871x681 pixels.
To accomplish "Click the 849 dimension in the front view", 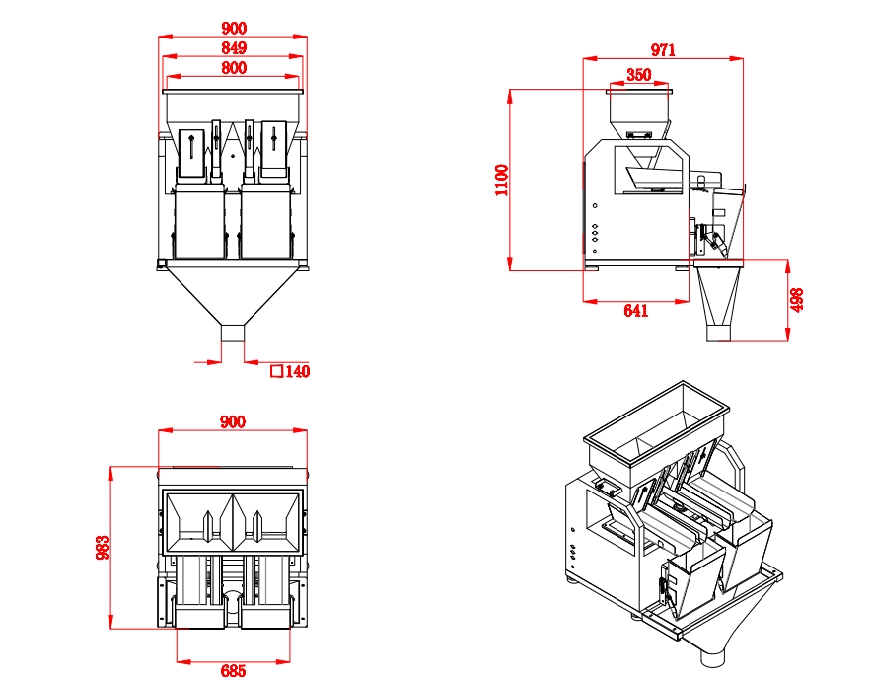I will point(234,48).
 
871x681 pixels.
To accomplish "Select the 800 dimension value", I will point(234,68).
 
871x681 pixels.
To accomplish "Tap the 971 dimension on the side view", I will point(663,51).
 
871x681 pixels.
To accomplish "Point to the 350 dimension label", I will point(638,75).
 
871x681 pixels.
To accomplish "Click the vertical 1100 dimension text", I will point(501,181).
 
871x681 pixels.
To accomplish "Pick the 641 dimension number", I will point(636,311).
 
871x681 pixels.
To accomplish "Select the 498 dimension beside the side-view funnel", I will point(798,300).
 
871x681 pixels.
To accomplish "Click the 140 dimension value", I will point(297,372).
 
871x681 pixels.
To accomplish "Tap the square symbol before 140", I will point(276,372).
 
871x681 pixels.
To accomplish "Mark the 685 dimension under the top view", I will point(233,671).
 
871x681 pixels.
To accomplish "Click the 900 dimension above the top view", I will point(233,421).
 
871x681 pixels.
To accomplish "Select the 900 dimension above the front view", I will point(234,29).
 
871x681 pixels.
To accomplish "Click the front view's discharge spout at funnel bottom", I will point(233,332).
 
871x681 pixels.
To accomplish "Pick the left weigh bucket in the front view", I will point(199,223).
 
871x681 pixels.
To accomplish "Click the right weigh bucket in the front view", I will point(266,223).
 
